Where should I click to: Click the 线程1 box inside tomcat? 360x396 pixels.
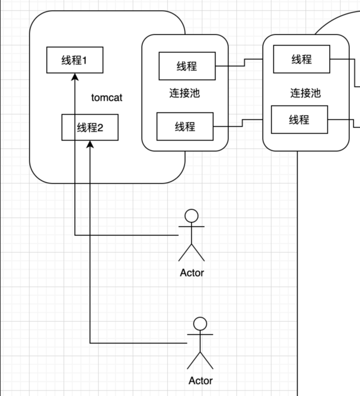point(75,60)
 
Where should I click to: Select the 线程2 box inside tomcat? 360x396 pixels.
point(90,128)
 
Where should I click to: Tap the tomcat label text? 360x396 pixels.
point(107,98)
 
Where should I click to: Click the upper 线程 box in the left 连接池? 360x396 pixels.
point(187,66)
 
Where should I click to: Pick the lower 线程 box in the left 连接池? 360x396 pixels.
point(185,127)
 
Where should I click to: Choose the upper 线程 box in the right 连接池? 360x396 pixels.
point(302,59)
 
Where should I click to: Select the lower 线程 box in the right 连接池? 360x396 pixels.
point(299,120)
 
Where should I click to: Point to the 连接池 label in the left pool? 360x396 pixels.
point(185,93)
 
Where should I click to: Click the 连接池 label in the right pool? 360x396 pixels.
point(305,93)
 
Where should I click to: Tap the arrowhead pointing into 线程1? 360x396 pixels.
point(75,77)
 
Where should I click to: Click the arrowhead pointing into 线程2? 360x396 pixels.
point(90,144)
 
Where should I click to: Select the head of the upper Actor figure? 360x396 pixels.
point(192,216)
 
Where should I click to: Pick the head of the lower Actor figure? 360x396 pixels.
point(200,324)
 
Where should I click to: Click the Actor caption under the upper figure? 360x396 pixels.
point(192,273)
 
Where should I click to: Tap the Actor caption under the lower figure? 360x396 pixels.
point(200,381)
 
